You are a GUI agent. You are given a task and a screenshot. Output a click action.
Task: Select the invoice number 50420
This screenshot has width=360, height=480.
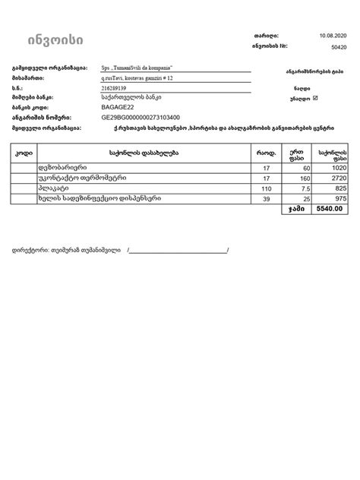(x=339, y=46)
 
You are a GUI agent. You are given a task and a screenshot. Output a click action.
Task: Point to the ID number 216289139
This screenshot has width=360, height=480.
(x=116, y=88)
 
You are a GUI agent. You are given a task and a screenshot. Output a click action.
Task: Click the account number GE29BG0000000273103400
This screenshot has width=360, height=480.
(x=140, y=118)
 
